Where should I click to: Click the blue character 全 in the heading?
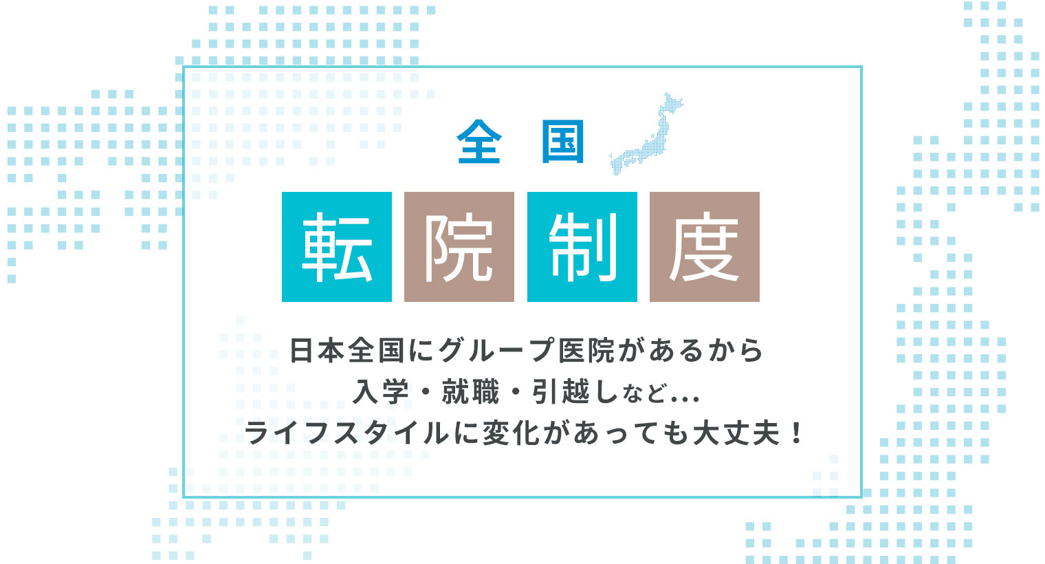pyautogui.click(x=479, y=142)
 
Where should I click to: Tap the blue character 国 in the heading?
pyautogui.click(x=562, y=142)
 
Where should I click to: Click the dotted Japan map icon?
pyautogui.click(x=646, y=133)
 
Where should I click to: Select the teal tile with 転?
pyautogui.click(x=337, y=246)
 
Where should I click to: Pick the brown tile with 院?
pyautogui.click(x=459, y=246)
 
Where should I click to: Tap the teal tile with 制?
pyautogui.click(x=582, y=246)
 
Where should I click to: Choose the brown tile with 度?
pyautogui.click(x=705, y=246)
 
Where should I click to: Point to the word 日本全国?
pyautogui.click(x=347, y=349)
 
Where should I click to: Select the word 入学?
pyautogui.click(x=381, y=391)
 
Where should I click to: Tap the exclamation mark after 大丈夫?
pyautogui.click(x=797, y=433)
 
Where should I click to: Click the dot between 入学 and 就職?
pyautogui.click(x=426, y=392)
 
